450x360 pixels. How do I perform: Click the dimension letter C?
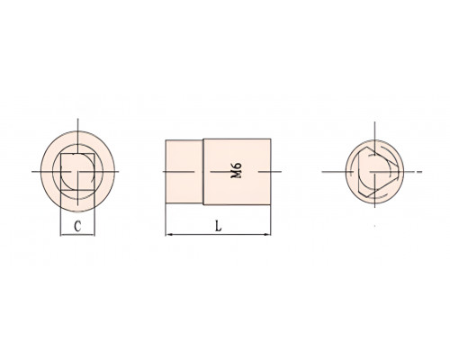pos(77,226)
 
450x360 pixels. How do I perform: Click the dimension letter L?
pos(219,226)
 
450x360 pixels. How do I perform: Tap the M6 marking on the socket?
pos(236,170)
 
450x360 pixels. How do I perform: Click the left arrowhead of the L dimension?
pos(167,234)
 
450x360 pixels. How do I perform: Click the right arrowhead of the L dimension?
pos(268,234)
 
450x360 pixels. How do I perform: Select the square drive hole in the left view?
pos(77,172)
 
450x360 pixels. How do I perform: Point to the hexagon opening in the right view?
pos(376,172)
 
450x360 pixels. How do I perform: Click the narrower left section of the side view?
pos(184,172)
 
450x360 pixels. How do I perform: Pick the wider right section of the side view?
pos(237,172)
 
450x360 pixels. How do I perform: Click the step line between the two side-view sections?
pos(203,172)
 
